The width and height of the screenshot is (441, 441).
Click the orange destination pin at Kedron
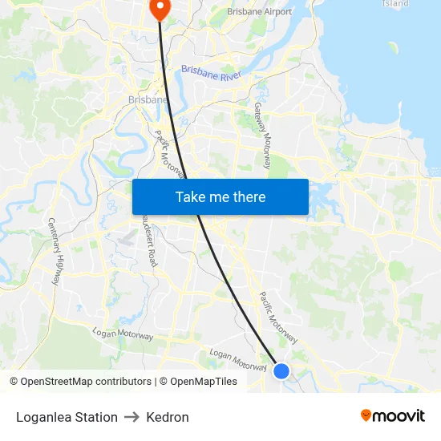tap(160, 8)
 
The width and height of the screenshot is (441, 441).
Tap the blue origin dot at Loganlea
tap(281, 370)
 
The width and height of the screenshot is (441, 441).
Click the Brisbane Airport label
tap(259, 12)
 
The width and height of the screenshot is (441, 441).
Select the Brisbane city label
tap(148, 100)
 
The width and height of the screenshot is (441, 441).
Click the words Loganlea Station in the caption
tap(67, 417)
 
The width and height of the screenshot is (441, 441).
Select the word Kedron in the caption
tap(168, 417)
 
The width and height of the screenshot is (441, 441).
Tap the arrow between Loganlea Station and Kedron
tap(132, 417)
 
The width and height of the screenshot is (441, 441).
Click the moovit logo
tap(392, 416)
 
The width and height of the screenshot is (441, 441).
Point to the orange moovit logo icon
tap(366, 415)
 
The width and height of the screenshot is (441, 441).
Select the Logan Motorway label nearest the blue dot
tap(237, 359)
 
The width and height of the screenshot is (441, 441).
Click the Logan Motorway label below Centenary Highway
tap(122, 334)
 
